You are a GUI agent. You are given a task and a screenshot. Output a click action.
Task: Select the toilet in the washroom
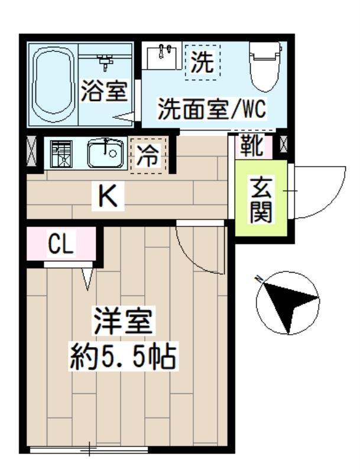coord(265,64)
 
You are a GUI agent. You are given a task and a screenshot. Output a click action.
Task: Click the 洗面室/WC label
coord(212,109)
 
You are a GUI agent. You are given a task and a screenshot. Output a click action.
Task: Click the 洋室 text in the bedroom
coord(123,322)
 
